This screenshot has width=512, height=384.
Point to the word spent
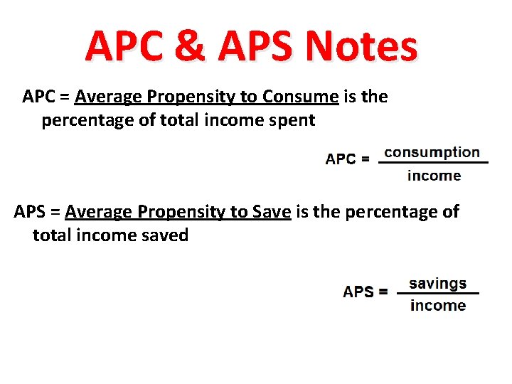(291, 120)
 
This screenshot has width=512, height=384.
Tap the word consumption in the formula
(432, 152)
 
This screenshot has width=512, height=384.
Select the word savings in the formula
(437, 283)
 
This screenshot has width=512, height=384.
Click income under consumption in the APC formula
(434, 176)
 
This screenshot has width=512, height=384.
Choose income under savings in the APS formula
(438, 306)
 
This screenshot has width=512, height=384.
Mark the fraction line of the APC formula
(433, 164)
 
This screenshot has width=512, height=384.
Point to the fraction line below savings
(438, 294)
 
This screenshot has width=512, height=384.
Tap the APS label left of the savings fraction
(360, 292)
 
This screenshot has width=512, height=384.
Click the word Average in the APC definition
(105, 97)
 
